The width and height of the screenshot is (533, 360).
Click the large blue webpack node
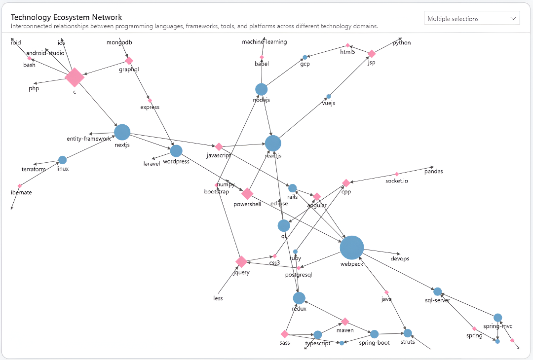pyautogui.click(x=352, y=248)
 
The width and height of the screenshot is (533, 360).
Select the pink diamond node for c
pyautogui.click(x=75, y=77)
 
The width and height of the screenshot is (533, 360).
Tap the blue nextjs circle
pyautogui.click(x=122, y=132)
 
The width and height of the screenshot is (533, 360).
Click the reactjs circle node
pyautogui.click(x=273, y=143)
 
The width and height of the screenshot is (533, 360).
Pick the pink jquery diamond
pyautogui.click(x=241, y=261)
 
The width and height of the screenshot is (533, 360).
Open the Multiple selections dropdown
pyautogui.click(x=472, y=19)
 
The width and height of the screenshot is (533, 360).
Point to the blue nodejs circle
pyautogui.click(x=261, y=89)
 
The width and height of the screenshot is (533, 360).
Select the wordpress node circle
pyautogui.click(x=176, y=151)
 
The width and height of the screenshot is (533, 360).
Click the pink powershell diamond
pyautogui.click(x=247, y=194)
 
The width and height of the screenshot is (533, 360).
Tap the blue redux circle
pyautogui.click(x=299, y=298)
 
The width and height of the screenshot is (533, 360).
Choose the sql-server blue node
pyautogui.click(x=437, y=291)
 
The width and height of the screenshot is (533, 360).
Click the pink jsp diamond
pyautogui.click(x=372, y=54)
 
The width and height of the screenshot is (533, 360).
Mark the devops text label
pyautogui.click(x=400, y=258)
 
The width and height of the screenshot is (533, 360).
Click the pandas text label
pyautogui.click(x=433, y=172)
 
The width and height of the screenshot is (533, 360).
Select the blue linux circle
pyautogui.click(x=62, y=160)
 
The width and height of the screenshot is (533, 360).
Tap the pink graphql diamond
pyautogui.click(x=129, y=61)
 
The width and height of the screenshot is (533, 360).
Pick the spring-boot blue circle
pyautogui.click(x=374, y=334)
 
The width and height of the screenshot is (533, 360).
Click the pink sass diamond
pyautogui.click(x=284, y=334)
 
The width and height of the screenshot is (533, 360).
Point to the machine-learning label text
pyautogui.click(x=264, y=42)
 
